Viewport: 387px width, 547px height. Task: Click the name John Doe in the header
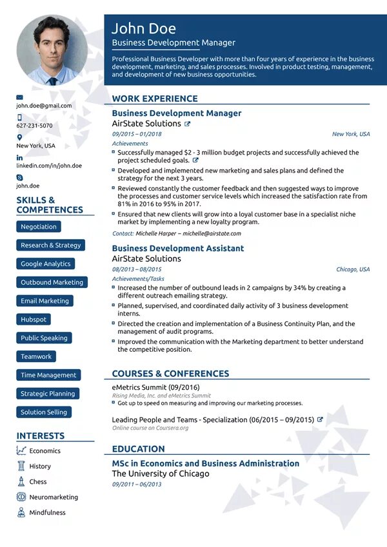tap(143, 28)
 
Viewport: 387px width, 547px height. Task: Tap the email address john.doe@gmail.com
tap(44, 106)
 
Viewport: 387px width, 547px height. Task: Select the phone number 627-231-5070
tap(34, 126)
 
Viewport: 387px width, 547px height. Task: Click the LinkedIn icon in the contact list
tap(19, 157)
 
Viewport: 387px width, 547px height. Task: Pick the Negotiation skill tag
tap(39, 227)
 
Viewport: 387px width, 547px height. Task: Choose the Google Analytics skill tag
tap(45, 264)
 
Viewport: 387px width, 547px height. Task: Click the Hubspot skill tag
tap(34, 320)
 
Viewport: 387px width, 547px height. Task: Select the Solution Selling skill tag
tap(44, 412)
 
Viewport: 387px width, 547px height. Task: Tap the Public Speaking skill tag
tap(44, 338)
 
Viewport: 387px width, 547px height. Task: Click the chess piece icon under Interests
tap(21, 481)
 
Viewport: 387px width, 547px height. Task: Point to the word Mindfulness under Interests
tap(47, 513)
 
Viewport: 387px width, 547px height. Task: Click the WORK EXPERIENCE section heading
tap(155, 99)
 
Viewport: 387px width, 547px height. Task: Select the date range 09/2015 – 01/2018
tap(137, 134)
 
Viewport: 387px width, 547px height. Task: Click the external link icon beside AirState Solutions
tap(188, 124)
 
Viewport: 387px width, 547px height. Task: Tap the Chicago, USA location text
tap(353, 269)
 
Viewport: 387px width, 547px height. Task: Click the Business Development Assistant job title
tap(178, 248)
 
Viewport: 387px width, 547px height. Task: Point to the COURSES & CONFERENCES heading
tap(170, 374)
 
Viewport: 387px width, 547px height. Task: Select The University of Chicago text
tap(161, 474)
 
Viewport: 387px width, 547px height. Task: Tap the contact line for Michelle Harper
tap(177, 233)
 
